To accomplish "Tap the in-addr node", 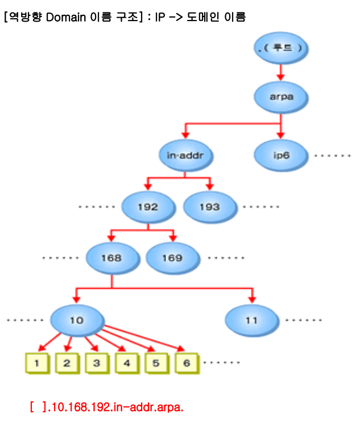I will [x=183, y=155].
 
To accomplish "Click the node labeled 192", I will [x=147, y=207].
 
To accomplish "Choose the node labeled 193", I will [x=209, y=207].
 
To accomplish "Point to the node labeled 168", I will [x=111, y=258].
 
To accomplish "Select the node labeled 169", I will [x=172, y=258].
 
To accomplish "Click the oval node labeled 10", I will [x=76, y=320].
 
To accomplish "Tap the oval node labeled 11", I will [x=251, y=320].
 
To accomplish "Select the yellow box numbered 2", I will [x=67, y=363].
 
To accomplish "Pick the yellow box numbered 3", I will [x=97, y=363].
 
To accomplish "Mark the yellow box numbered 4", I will [x=126, y=363].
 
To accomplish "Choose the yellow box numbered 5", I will [x=156, y=363].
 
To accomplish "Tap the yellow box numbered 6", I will [x=186, y=363].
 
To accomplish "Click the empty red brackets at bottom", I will [x=38, y=408].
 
